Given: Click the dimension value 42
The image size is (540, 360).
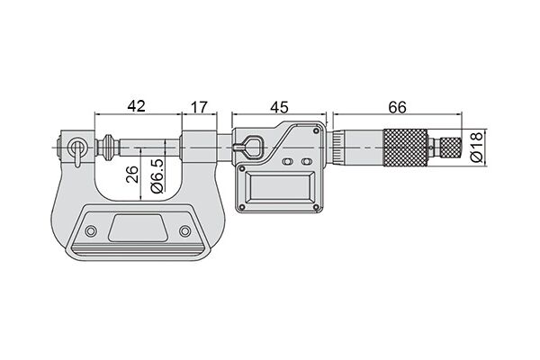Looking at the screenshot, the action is click(x=137, y=106).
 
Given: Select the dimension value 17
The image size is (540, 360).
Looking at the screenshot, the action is click(x=200, y=107).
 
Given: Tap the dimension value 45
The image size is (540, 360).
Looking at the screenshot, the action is click(x=279, y=107).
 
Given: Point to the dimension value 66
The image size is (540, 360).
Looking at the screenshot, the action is click(x=398, y=107).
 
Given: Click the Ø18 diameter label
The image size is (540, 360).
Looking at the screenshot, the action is click(x=477, y=147).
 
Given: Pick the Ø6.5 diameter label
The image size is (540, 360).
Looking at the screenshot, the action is click(x=157, y=176).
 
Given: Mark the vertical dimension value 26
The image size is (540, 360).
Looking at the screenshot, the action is click(x=132, y=174).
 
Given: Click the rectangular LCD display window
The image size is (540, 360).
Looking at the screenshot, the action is click(x=279, y=187).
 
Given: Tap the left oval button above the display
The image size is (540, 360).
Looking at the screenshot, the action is click(x=287, y=161).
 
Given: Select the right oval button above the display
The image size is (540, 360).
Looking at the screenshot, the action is click(x=306, y=161).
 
